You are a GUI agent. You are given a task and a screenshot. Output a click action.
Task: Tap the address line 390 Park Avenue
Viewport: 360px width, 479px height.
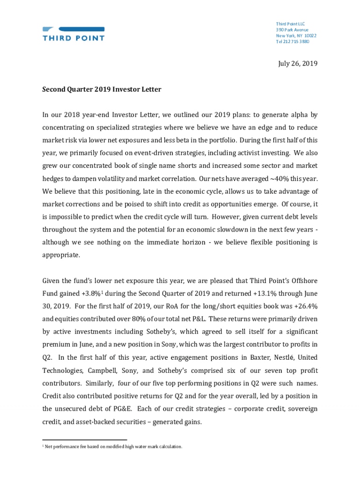(x=292, y=30)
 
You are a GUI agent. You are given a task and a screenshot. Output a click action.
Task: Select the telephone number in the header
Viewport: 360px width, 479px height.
(x=292, y=42)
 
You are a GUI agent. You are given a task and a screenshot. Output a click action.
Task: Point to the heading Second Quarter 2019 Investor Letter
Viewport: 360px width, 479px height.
(x=101, y=89)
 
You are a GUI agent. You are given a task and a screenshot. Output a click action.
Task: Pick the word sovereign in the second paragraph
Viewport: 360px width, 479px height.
(x=301, y=408)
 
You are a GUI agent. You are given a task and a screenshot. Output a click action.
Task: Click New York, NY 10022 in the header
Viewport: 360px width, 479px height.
(x=296, y=36)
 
